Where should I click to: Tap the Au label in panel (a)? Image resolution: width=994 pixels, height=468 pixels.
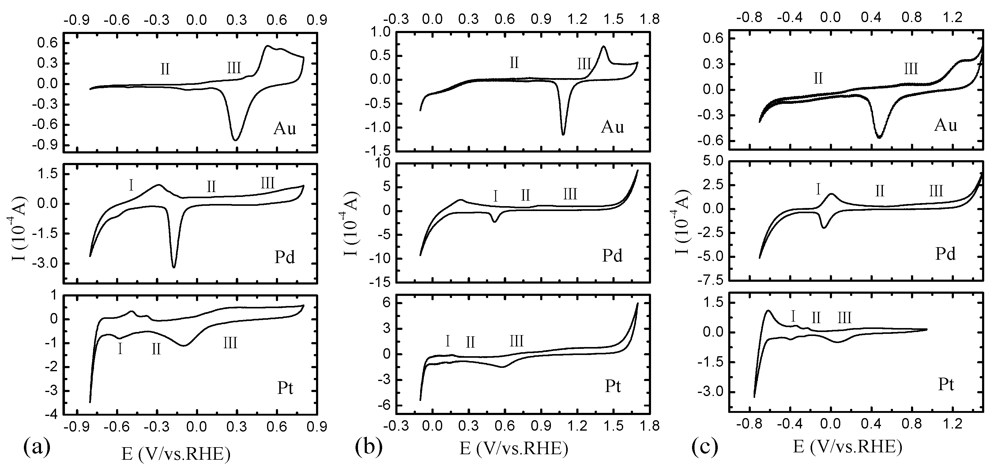coord(284,128)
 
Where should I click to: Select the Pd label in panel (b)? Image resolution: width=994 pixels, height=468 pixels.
coord(612,255)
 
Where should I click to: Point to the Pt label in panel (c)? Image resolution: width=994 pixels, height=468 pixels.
coord(945,384)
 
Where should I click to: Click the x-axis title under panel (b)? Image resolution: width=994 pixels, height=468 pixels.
coord(514,448)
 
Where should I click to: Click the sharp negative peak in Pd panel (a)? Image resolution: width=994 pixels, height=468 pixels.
coord(174,267)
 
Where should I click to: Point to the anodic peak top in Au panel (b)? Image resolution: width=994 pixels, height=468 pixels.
coord(603,46)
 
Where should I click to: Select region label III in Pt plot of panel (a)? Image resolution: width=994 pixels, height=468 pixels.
coord(230,343)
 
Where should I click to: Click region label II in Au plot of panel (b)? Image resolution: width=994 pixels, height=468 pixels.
coord(514,62)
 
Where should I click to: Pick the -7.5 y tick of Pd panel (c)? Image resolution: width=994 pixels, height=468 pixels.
coord(709,281)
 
